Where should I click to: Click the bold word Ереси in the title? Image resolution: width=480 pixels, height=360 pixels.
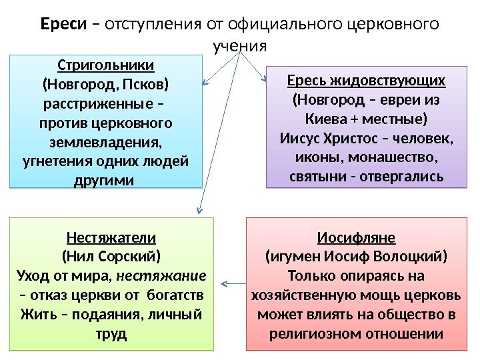(64, 25)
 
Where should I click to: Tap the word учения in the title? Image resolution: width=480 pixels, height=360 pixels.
(240, 47)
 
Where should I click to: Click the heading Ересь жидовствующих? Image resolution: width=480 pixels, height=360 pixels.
(366, 81)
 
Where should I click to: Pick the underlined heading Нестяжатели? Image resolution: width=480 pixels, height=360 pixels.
(111, 237)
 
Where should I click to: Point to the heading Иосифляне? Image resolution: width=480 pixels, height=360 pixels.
(356, 237)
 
